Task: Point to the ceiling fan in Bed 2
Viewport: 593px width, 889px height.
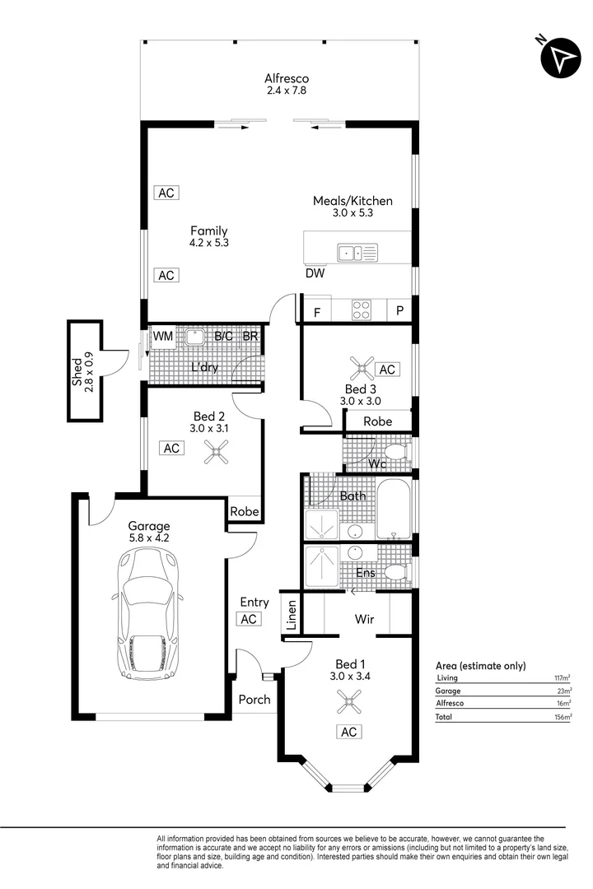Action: pos(217,449)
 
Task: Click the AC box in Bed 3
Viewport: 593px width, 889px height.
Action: pos(387,370)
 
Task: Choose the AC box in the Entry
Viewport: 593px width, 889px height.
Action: pos(249,619)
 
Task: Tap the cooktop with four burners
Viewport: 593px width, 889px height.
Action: pos(361,310)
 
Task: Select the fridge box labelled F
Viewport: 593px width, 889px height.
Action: pos(317,312)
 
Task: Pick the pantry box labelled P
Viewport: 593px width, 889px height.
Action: pos(399,311)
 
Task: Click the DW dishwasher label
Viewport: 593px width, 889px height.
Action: pos(314,273)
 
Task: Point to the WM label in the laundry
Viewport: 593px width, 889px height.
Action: pos(162,337)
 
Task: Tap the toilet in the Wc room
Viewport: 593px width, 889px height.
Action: pos(396,451)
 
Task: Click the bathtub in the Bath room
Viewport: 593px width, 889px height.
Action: pos(394,509)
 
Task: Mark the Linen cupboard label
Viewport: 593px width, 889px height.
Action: pos(291,615)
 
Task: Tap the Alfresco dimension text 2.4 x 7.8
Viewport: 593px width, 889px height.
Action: pos(286,91)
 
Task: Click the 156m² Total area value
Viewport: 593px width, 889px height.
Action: pos(563,717)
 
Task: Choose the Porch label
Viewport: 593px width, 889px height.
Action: pos(254,700)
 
